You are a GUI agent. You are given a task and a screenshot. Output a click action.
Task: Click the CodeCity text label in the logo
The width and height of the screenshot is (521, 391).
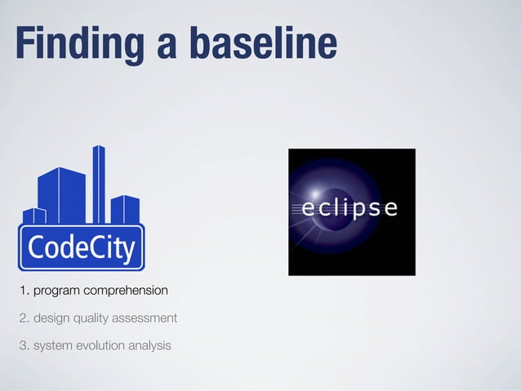coord(81,247)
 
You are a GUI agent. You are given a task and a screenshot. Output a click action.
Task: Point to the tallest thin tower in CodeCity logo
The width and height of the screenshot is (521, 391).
coord(99,184)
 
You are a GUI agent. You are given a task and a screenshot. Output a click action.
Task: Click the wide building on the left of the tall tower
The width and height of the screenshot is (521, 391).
coord(61,196)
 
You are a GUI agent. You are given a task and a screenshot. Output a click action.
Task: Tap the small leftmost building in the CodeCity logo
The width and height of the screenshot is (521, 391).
coord(33,216)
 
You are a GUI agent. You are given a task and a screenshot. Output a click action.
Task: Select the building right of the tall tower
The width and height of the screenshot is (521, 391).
coord(125,209)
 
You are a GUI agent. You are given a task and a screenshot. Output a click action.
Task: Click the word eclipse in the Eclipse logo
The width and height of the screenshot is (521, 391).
coord(350,208)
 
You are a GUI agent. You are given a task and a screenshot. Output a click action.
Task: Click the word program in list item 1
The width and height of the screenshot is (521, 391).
coord(60,291)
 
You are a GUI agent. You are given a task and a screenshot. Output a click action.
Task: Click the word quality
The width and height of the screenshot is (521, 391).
coord(91,318)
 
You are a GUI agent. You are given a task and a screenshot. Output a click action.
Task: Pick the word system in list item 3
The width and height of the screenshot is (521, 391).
coord(51,345)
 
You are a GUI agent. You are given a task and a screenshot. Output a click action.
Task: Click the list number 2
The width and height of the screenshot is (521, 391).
coord(24,318)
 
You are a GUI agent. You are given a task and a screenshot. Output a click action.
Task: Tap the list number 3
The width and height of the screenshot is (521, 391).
coord(24,345)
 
